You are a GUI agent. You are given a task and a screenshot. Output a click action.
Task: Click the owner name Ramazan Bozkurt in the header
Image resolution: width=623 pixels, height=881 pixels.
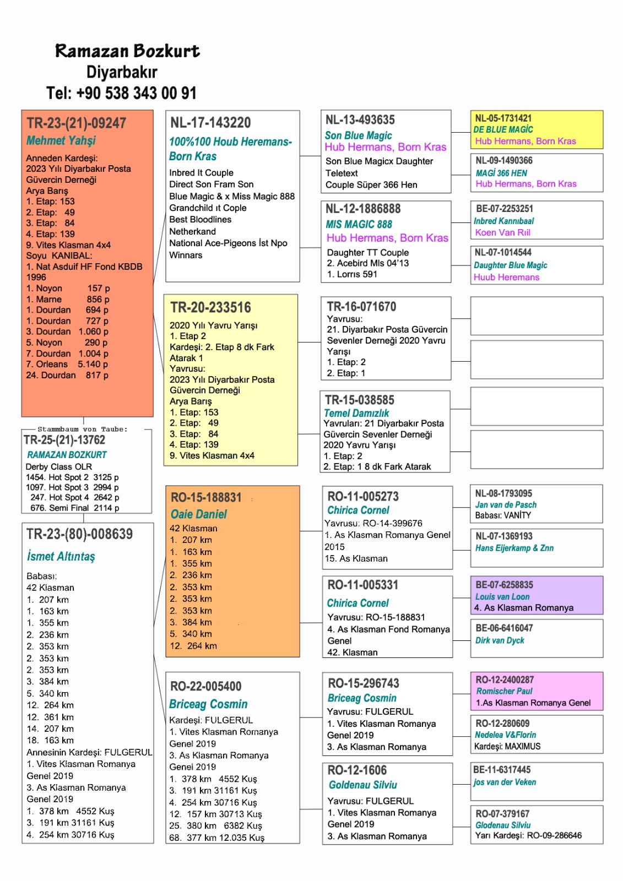(x=127, y=51)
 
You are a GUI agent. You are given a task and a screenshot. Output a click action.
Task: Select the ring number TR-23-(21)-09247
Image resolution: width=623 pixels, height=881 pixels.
(x=77, y=123)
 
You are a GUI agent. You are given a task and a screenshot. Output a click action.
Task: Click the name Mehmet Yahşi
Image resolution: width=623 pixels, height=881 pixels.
(x=61, y=140)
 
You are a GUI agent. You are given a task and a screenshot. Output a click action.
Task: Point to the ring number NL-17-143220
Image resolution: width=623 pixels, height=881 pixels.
(x=210, y=122)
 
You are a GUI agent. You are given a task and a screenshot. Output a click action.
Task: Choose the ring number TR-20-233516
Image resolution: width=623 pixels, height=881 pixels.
(x=210, y=307)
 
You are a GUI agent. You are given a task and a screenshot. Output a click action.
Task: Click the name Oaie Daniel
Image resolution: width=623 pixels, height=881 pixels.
(x=199, y=514)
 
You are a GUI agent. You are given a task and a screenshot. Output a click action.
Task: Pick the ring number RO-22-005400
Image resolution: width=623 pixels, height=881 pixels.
(x=206, y=686)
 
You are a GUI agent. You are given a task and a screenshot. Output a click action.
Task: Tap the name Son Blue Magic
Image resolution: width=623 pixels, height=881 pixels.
(x=358, y=135)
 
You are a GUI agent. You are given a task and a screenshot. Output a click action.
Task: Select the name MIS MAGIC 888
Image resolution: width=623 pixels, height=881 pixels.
(x=359, y=224)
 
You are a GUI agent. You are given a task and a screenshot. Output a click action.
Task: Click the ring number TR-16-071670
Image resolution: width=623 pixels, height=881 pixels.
(x=361, y=307)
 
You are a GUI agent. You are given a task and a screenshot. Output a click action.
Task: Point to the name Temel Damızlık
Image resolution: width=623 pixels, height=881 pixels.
(x=356, y=413)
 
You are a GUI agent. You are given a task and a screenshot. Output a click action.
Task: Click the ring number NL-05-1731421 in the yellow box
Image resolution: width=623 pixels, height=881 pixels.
(x=503, y=118)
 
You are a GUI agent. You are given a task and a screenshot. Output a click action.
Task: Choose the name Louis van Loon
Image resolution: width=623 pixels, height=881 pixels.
(x=502, y=597)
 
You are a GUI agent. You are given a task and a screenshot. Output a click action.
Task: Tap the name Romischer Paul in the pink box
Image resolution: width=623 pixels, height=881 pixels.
(x=505, y=691)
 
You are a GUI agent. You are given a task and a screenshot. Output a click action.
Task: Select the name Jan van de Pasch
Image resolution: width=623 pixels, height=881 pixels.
(x=506, y=504)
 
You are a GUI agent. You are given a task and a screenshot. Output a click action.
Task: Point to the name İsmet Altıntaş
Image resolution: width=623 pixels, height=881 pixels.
(x=61, y=556)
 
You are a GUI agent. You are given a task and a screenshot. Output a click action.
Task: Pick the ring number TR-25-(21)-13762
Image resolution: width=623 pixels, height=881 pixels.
(x=64, y=440)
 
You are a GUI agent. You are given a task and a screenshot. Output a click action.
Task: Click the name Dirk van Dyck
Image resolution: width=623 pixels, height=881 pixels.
(x=500, y=640)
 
